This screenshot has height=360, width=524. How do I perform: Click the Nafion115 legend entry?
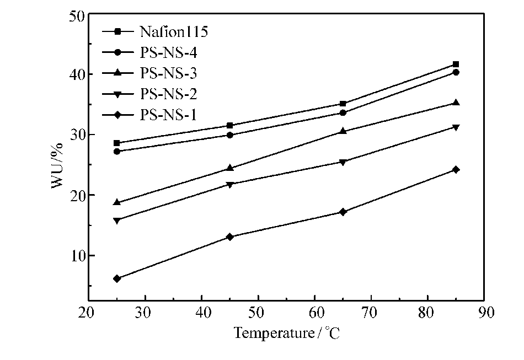[174, 32]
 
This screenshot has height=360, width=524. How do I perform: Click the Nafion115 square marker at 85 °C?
[456, 65]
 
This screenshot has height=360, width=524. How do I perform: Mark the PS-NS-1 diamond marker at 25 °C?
[117, 278]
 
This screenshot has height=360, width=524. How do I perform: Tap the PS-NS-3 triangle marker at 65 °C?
[343, 131]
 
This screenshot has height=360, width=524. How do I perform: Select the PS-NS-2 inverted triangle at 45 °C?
[230, 184]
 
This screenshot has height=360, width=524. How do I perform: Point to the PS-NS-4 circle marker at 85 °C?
[456, 72]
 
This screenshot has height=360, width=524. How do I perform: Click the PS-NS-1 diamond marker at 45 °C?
[230, 237]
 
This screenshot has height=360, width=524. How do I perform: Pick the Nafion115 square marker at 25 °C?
[117, 143]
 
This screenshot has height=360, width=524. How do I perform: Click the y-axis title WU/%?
[57, 165]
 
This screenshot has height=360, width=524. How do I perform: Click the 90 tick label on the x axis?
[484, 313]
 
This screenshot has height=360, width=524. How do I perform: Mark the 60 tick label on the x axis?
[314, 313]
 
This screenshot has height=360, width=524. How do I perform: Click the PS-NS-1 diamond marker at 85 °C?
[456, 170]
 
